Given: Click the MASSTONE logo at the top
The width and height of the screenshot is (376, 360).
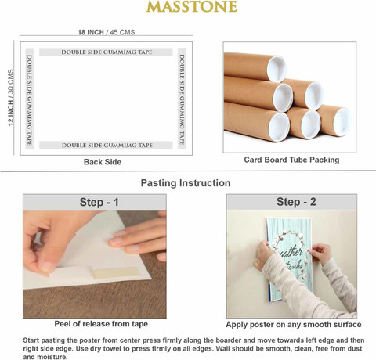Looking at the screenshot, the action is point(191,6).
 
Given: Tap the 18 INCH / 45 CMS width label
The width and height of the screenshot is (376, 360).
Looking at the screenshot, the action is point(107,32).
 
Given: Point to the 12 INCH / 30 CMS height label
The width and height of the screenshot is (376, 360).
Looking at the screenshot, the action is point(11,98).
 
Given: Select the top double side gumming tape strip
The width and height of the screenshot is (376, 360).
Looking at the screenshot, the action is point(106,52).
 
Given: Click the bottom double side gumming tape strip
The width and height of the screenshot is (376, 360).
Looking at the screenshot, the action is point(106,146).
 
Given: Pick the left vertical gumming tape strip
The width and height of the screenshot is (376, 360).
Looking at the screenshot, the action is point(30,99).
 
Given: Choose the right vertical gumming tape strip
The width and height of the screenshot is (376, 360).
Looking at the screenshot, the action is point(182,99).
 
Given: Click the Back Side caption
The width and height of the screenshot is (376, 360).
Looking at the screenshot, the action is point(103,162).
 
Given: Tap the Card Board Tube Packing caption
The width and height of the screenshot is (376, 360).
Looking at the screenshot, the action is point(291,160).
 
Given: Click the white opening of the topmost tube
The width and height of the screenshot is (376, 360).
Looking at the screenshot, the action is point(277,69).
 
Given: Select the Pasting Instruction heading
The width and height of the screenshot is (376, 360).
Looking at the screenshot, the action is point(186,183).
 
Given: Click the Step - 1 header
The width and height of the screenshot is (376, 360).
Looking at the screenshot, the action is point(99,202).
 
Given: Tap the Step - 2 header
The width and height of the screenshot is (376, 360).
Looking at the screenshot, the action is point(296,202).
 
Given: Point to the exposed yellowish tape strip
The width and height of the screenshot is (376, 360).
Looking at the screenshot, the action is point(116,272).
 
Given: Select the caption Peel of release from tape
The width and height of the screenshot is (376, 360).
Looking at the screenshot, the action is point(101,324).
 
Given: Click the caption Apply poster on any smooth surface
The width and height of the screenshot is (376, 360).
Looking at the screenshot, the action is point(294,325).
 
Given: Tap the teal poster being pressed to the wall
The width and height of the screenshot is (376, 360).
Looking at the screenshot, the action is point(290,259).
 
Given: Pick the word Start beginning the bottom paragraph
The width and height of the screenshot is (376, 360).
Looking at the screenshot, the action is point(31,340).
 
